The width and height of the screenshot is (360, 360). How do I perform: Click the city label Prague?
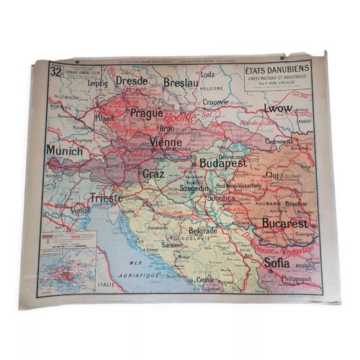(148, 113)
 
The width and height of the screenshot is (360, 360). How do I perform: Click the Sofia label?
(276, 263)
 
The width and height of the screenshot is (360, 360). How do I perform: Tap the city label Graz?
(153, 174)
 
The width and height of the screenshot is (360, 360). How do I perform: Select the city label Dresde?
(132, 81)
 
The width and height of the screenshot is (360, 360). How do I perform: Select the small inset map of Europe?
(68, 266)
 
